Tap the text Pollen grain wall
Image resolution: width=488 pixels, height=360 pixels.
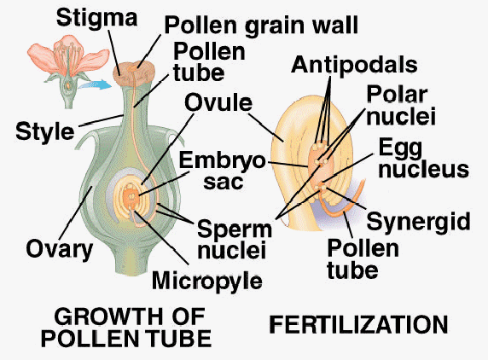click(x=261, y=25)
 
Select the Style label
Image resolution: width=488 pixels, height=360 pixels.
click(x=45, y=132)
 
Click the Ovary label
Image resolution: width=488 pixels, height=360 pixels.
click(x=60, y=249)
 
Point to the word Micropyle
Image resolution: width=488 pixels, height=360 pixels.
click(x=207, y=282)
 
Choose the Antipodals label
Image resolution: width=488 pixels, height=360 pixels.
click(x=354, y=65)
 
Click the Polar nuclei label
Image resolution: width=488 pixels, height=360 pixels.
click(x=401, y=106)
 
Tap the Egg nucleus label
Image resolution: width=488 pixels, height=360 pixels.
click(x=423, y=159)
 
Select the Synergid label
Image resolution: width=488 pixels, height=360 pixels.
click(x=418, y=222)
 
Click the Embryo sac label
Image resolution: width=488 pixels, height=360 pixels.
click(x=222, y=171)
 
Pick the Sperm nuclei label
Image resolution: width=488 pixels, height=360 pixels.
click(x=235, y=239)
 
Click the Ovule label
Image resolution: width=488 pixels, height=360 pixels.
click(x=218, y=102)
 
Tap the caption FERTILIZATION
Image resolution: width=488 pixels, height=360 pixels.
click(x=358, y=324)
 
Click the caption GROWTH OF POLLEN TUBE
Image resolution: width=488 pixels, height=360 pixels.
click(x=126, y=328)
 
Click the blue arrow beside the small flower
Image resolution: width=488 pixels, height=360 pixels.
click(x=95, y=84)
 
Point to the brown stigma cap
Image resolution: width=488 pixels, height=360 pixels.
click(x=133, y=73)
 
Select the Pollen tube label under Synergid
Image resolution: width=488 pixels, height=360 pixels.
click(x=363, y=259)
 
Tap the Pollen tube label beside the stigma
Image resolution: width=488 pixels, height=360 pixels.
click(x=209, y=62)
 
